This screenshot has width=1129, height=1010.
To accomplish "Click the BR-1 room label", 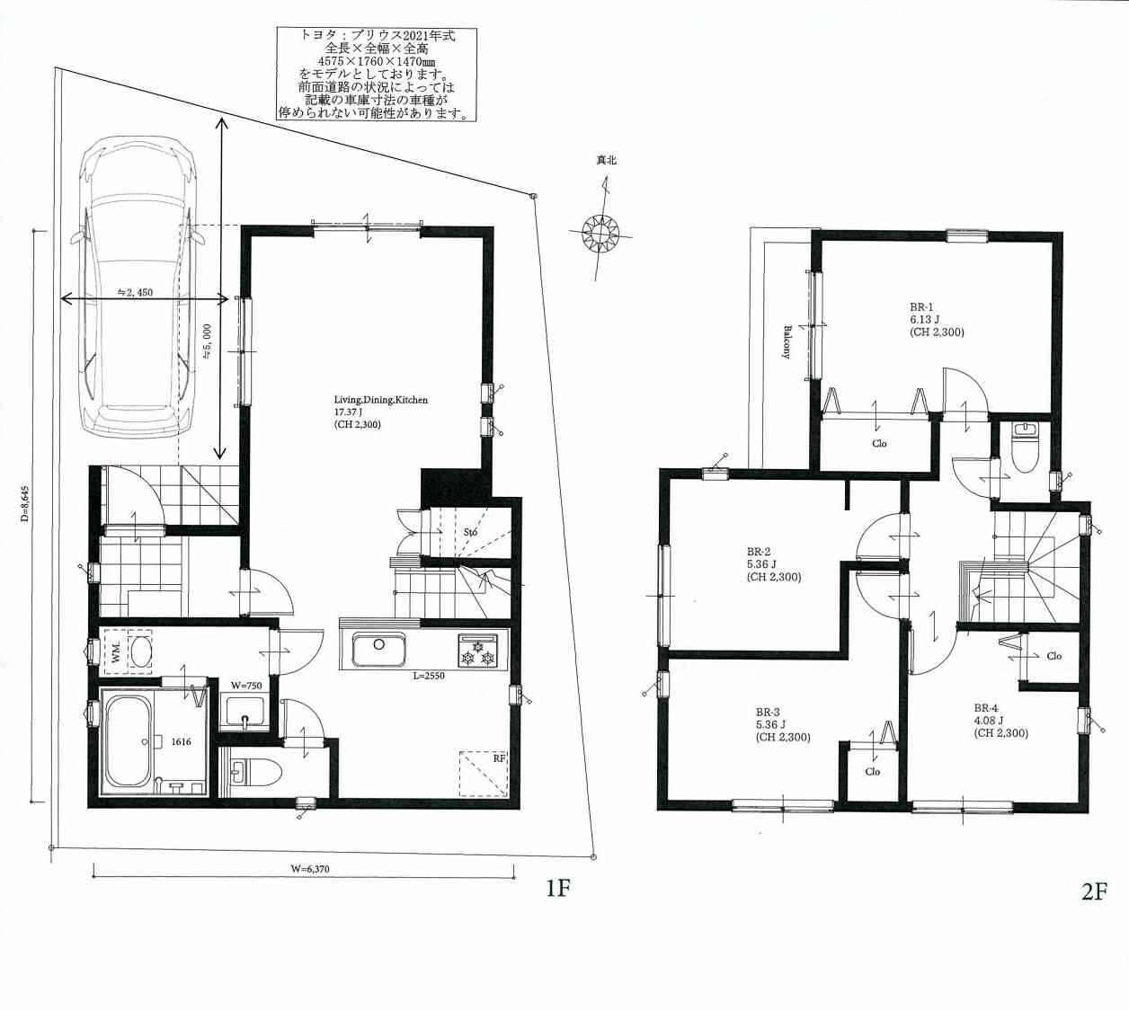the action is pyautogui.click(x=921, y=307).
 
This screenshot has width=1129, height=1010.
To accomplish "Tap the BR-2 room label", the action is pyautogui.click(x=759, y=552).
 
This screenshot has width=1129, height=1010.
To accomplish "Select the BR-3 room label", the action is pyautogui.click(x=768, y=712).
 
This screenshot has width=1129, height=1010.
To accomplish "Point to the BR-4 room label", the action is pyautogui.click(x=986, y=708).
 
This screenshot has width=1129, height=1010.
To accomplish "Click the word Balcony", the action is pyautogui.click(x=787, y=342).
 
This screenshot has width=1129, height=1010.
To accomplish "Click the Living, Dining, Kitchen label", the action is pyautogui.click(x=380, y=400).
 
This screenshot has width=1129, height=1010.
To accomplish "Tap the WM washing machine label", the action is pyautogui.click(x=116, y=651).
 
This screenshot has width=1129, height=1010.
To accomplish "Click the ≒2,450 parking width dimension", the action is pyautogui.click(x=135, y=292).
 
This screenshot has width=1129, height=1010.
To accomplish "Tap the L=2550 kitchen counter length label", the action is pyautogui.click(x=429, y=676).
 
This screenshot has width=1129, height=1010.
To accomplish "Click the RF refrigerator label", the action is pyautogui.click(x=499, y=758).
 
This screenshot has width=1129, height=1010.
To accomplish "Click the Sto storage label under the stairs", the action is pyautogui.click(x=470, y=532).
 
